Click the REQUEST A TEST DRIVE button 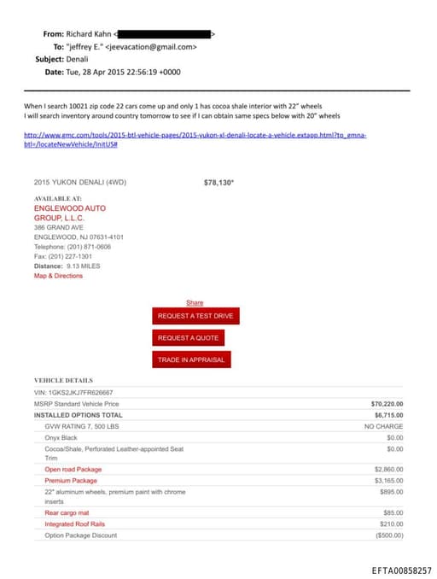[194, 316]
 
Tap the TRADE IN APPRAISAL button [191, 360]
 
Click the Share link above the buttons [195, 302]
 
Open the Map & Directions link [58, 276]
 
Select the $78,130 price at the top [218, 183]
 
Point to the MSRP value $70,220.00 [387, 403]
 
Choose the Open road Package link [73, 469]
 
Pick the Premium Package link [70, 480]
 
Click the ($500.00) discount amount [388, 535]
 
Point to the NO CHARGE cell [383, 425]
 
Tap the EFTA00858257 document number [401, 569]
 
